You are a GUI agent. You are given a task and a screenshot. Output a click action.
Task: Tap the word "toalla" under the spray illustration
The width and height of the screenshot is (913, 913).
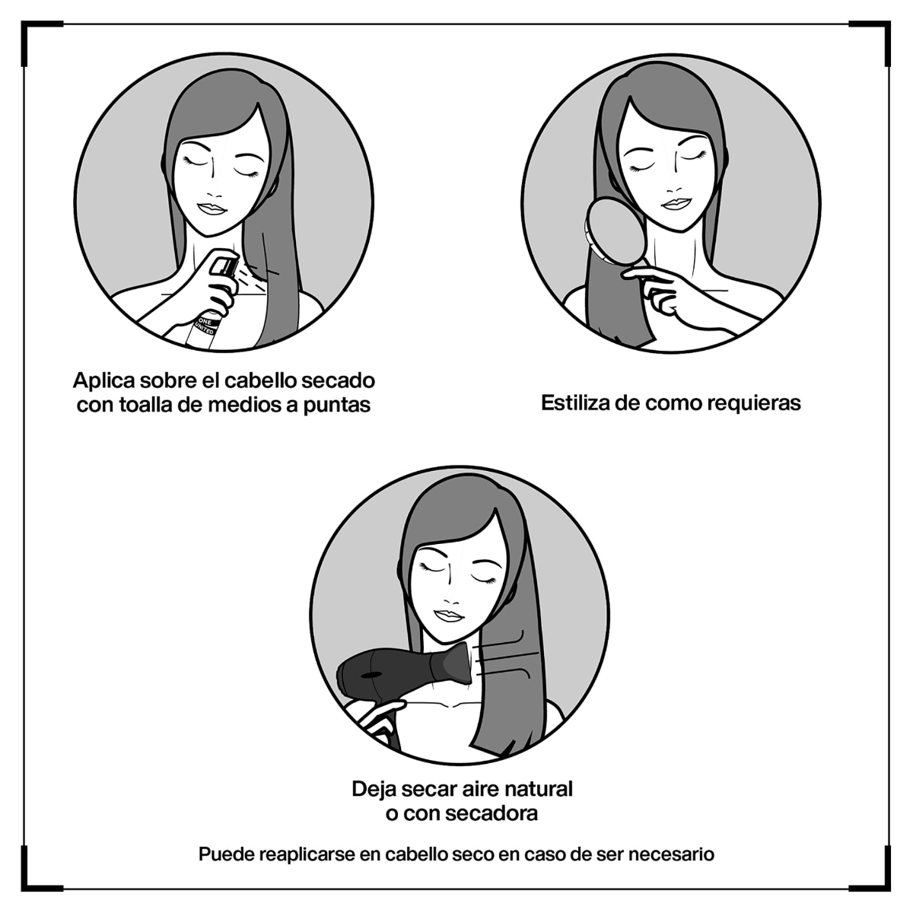pyautogui.click(x=145, y=405)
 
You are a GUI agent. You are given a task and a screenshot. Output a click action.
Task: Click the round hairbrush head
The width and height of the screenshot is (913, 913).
pyautogui.click(x=616, y=227)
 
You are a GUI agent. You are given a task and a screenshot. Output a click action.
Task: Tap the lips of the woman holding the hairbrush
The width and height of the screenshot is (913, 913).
pyautogui.click(x=676, y=204)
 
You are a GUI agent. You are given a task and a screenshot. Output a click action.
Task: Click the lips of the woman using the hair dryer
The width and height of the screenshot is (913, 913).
pyautogui.click(x=449, y=616)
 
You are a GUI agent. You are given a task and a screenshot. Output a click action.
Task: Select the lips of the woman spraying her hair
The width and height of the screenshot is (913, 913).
pyautogui.click(x=212, y=208)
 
